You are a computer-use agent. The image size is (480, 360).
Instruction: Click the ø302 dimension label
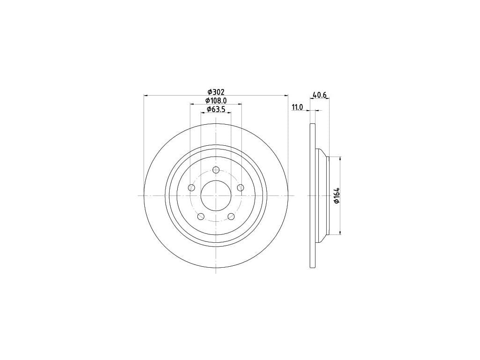point(216,92)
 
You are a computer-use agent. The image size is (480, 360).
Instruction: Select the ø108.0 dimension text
point(216,100)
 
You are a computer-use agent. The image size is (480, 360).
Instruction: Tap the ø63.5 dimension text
point(216,109)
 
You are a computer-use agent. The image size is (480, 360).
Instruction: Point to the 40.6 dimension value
point(320,96)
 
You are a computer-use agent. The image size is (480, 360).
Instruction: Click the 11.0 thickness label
point(297,107)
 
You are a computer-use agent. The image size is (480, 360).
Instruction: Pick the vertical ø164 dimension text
point(337,195)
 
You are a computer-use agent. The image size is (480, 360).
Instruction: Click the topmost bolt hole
point(216,170)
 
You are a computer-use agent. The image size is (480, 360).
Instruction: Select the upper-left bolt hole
point(192,187)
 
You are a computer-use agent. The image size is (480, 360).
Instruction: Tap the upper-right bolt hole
point(240,187)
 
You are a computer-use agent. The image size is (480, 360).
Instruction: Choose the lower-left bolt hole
point(201,217)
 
